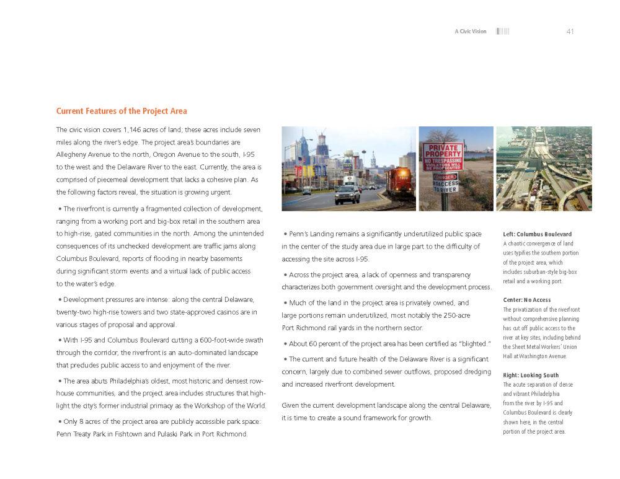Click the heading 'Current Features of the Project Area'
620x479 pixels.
coord(122,112)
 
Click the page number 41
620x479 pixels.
coord(570,32)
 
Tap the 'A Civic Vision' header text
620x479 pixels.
coord(471,32)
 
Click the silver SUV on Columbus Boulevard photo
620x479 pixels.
coord(347,195)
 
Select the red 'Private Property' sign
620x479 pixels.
coord(443,157)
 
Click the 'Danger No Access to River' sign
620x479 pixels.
coord(445,184)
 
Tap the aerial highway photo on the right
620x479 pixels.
coord(544,169)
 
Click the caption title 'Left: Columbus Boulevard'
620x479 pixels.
coord(537,234)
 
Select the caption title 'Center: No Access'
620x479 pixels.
coord(526,300)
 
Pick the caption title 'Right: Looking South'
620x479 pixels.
coord(530,376)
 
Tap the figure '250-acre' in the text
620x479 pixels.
coord(453,315)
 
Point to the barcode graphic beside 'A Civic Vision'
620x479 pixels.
coord(502,32)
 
